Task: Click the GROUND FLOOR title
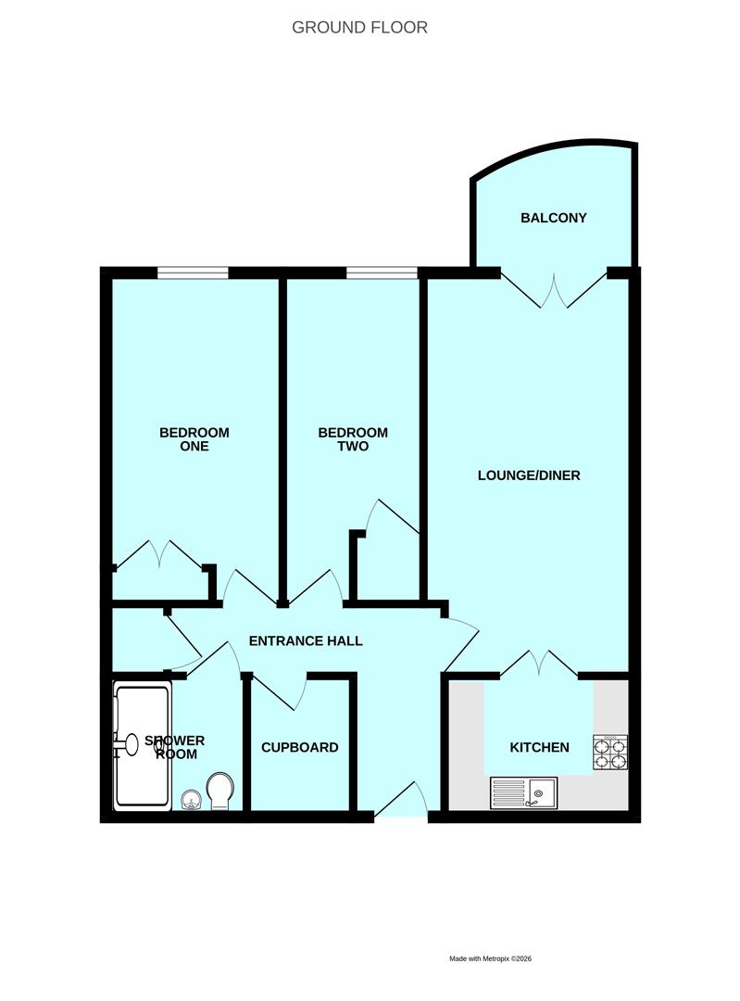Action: [359, 27]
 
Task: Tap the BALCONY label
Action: [553, 219]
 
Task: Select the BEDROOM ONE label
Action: [194, 439]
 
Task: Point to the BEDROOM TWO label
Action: [353, 439]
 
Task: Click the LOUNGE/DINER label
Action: [528, 475]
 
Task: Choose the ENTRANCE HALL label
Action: [306, 640]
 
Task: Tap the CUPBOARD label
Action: [299, 747]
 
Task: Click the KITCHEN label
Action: [539, 747]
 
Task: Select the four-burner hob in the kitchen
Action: [610, 754]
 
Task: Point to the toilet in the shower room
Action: [221, 791]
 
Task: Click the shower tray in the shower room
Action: [142, 746]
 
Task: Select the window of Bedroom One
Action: [193, 272]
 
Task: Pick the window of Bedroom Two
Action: [382, 272]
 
